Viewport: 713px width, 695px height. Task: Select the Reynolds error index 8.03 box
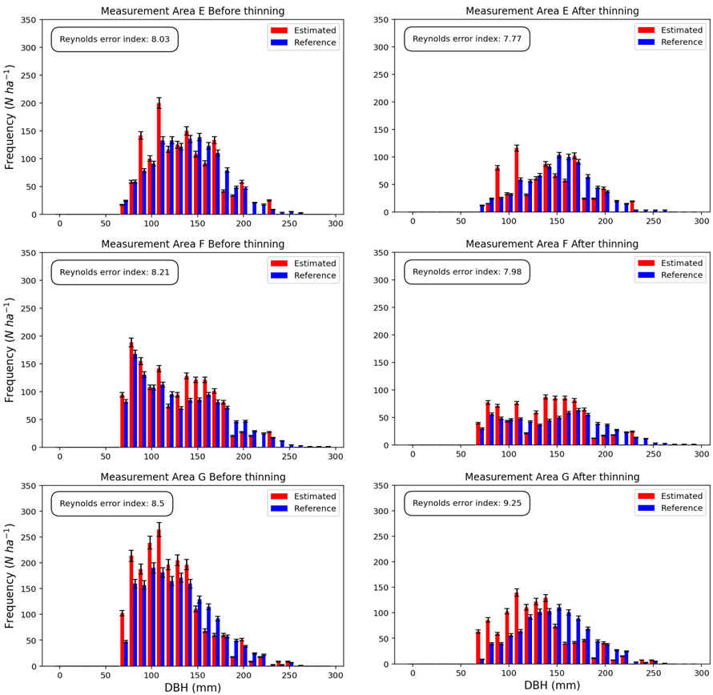pyautogui.click(x=115, y=39)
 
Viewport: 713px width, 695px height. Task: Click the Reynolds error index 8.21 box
pyautogui.click(x=115, y=271)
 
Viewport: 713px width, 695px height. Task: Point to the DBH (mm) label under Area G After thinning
pyautogui.click(x=552, y=685)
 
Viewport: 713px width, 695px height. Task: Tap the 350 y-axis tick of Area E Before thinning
pyautogui.click(x=28, y=19)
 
